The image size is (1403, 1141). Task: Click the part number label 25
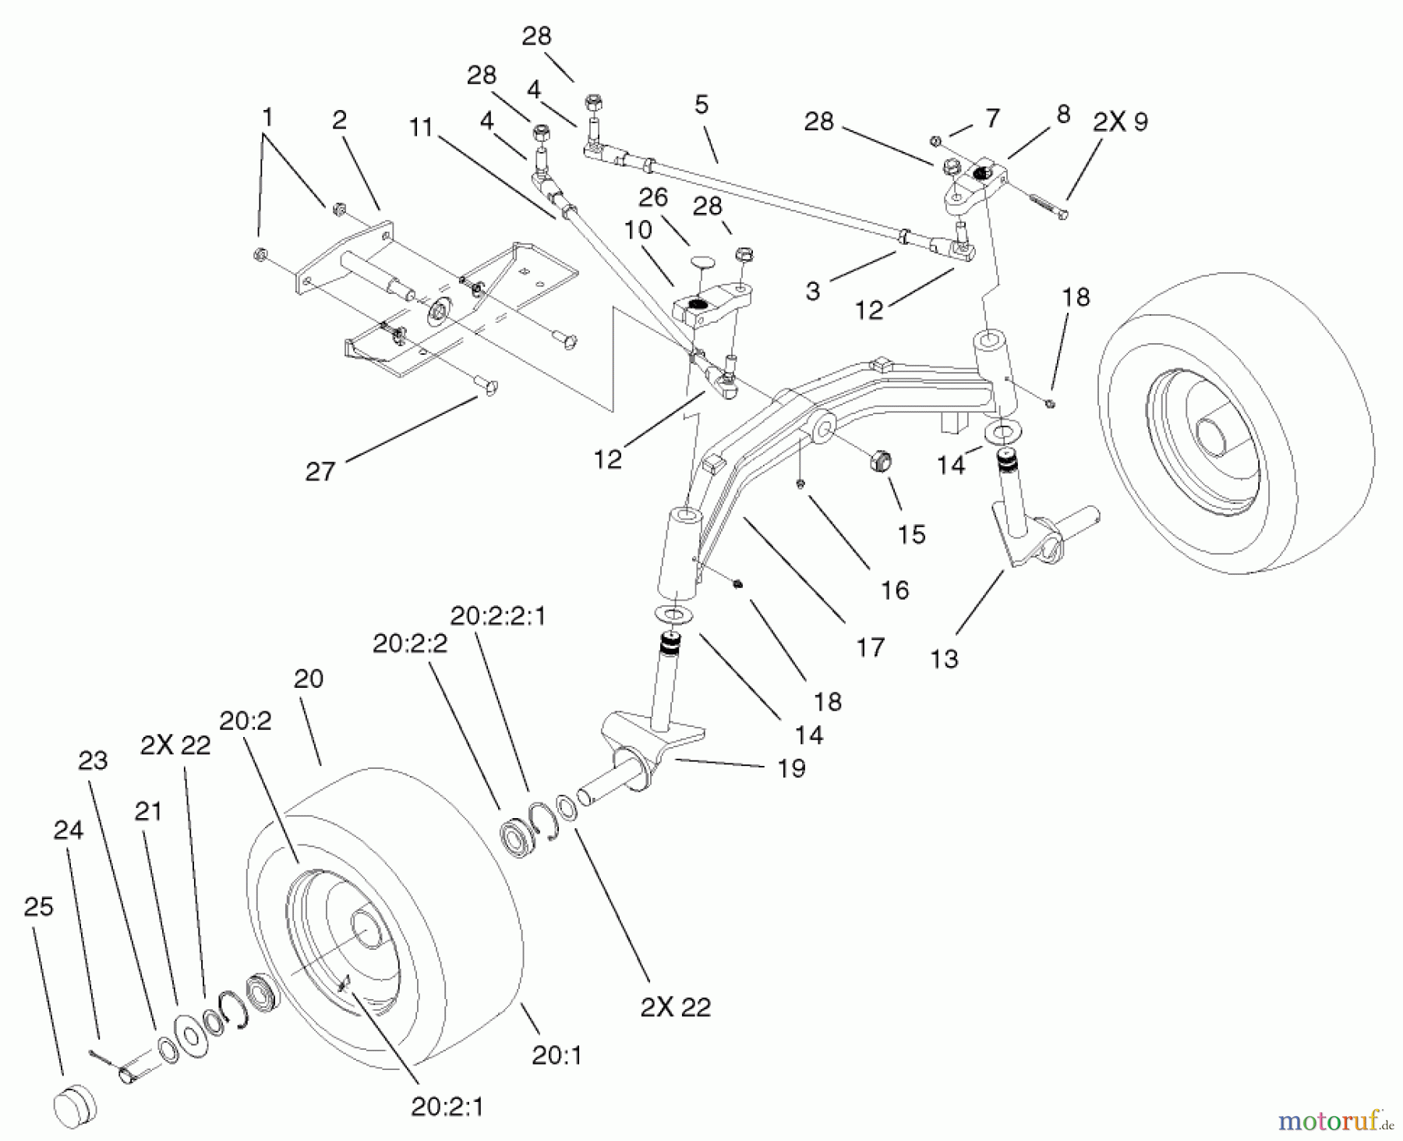[x=38, y=906]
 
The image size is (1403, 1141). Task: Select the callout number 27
[x=320, y=471]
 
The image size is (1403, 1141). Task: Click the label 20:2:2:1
[x=498, y=616]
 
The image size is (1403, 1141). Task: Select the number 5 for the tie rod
[x=701, y=105]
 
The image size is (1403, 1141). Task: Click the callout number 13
[x=944, y=659]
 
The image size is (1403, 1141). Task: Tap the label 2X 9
[x=1119, y=122]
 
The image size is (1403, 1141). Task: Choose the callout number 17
[x=870, y=647]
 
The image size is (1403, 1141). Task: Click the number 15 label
[x=910, y=534]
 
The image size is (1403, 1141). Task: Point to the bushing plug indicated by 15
[x=878, y=460]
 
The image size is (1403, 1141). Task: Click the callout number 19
[x=791, y=768]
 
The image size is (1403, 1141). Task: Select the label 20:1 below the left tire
[x=557, y=1055]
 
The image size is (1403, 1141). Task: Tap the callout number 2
[x=339, y=120]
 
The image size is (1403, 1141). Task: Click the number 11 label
[x=421, y=127]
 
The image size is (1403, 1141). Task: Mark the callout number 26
[x=652, y=197]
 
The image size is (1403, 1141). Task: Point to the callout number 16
[x=894, y=590]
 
